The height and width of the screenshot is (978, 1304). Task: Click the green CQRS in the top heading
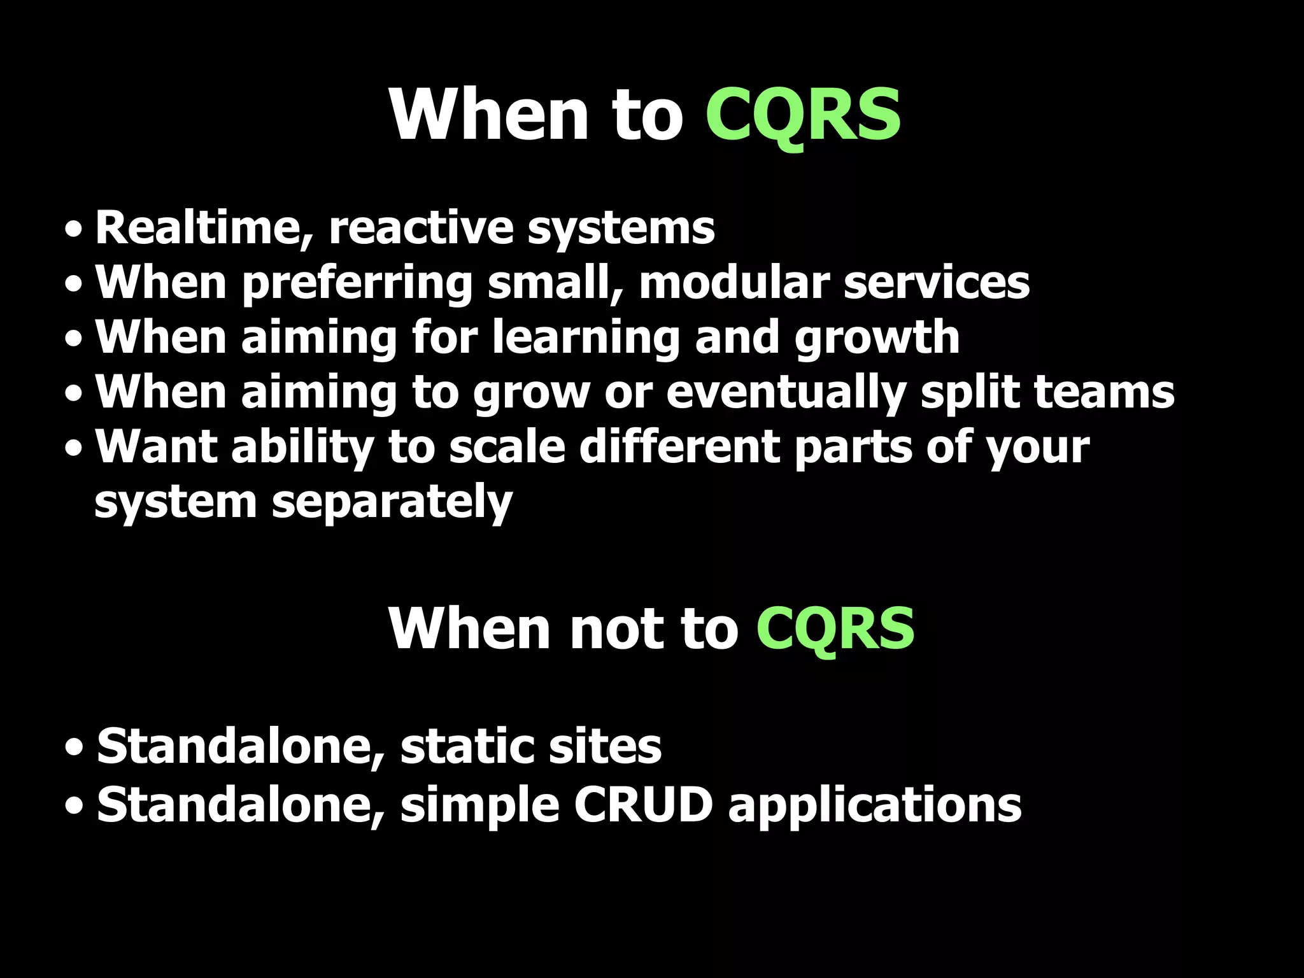803,115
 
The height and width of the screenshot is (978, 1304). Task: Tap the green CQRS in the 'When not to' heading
835,628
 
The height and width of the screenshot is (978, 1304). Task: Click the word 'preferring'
357,284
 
